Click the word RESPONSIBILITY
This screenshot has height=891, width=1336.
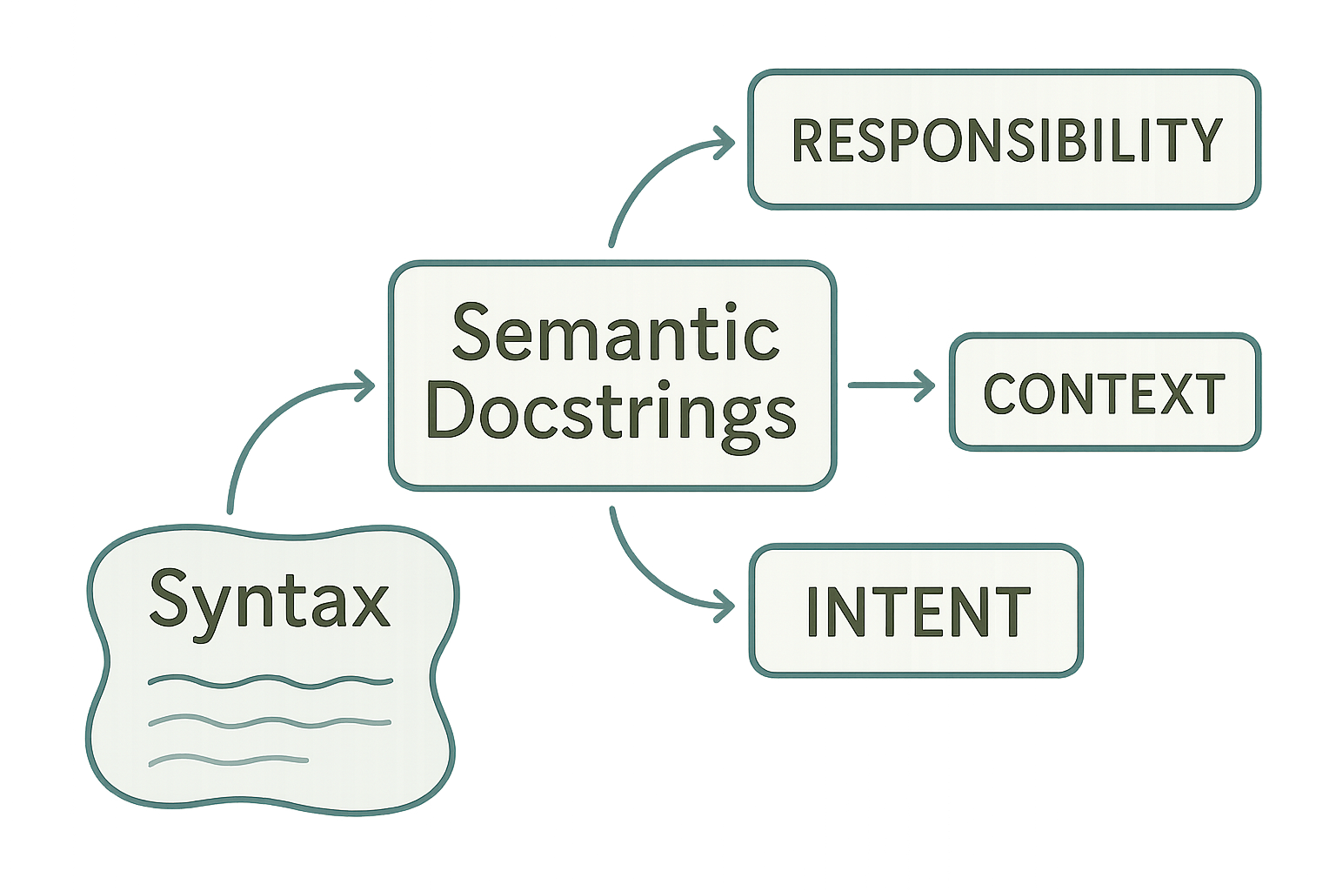[x=1006, y=140]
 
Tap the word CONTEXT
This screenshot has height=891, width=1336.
[x=1104, y=393]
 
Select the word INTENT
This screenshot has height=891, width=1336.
[x=918, y=612]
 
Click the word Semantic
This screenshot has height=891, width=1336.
[x=615, y=334]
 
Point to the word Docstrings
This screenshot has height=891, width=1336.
[x=611, y=412]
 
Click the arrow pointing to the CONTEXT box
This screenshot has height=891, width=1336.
[x=891, y=385]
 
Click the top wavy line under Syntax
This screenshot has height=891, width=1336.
[x=270, y=681]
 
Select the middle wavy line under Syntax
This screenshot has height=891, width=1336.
[x=270, y=721]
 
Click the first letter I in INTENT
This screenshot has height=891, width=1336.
[x=814, y=612]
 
